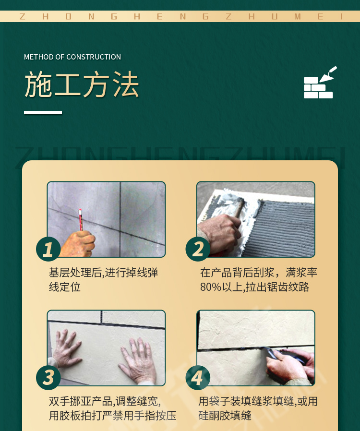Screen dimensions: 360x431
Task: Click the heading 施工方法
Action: coord(82,84)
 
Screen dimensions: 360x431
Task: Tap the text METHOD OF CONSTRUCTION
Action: coord(72,57)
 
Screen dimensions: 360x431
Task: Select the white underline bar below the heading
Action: coord(43,112)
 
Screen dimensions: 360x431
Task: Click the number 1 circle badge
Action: coord(48,249)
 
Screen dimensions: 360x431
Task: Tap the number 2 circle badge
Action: coord(198,249)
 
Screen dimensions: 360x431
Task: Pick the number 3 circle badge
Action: coord(48,377)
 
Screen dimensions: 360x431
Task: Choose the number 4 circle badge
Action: coord(198,377)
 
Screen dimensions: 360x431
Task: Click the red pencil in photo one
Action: coord(81,220)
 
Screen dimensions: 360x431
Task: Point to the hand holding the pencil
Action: coord(77,244)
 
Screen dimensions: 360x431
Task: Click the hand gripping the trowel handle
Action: coord(220,232)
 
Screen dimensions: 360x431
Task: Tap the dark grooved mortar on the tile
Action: coord(286,228)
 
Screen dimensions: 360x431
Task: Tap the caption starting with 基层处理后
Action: coord(103,280)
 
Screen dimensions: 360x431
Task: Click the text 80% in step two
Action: coord(211,287)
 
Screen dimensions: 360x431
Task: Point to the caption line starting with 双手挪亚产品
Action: coord(105,401)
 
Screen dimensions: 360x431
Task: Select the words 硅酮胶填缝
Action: coord(225,416)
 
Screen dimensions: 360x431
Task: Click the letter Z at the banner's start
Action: coord(23,16)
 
